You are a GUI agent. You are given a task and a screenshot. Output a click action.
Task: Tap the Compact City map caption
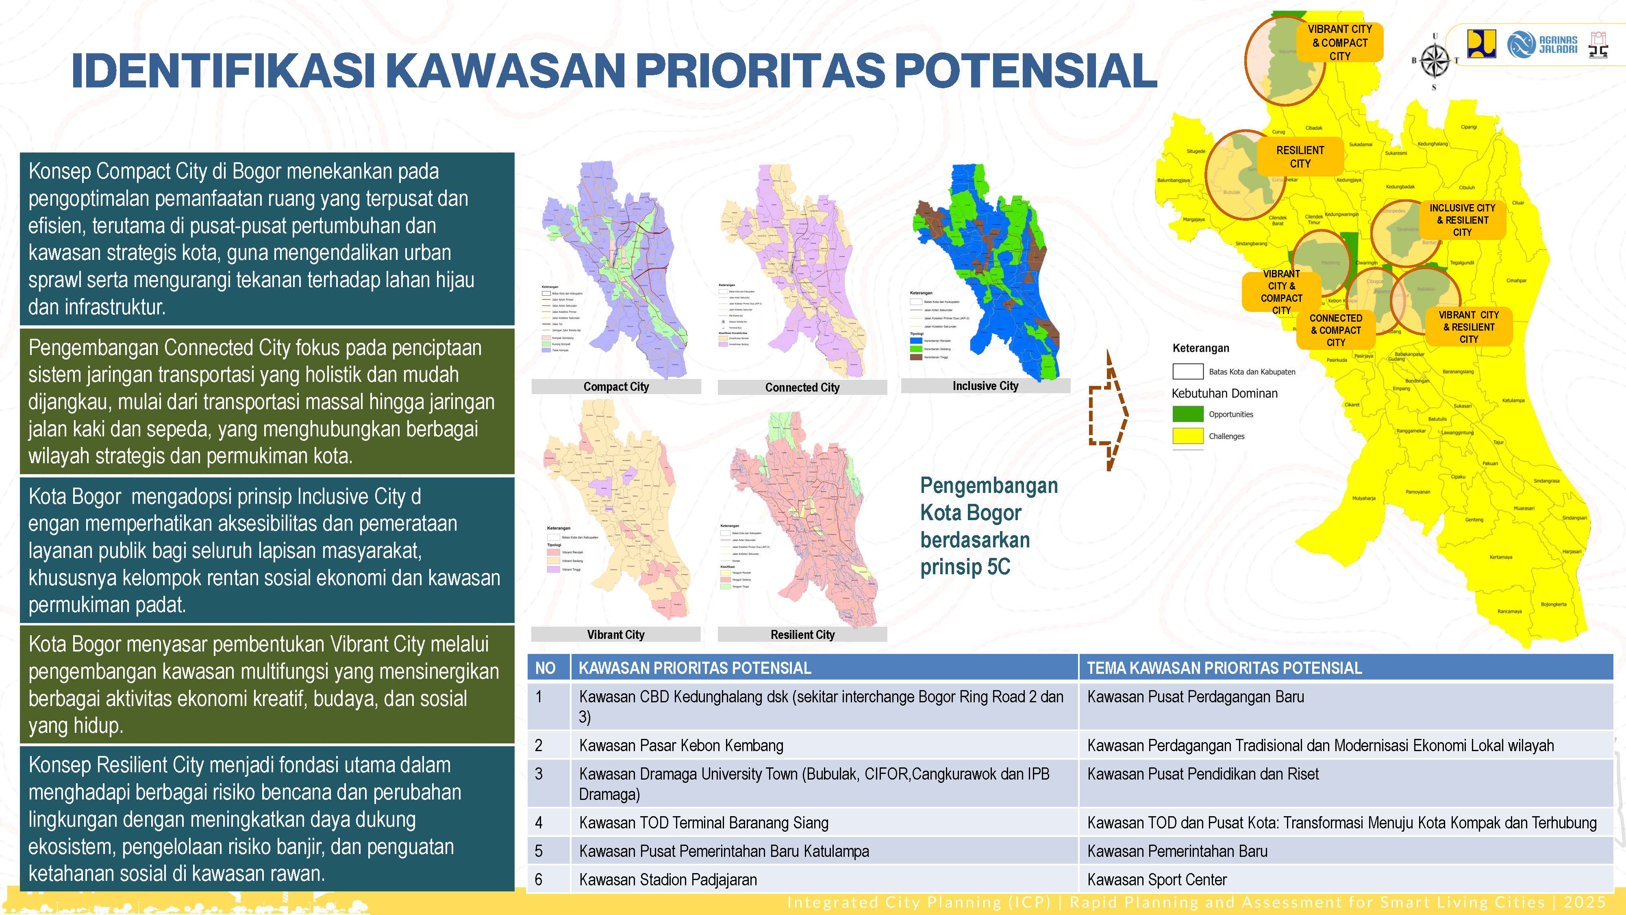(x=616, y=386)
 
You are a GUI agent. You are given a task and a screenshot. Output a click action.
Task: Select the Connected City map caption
(x=802, y=387)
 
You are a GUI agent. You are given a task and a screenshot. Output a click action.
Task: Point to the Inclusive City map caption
(x=985, y=386)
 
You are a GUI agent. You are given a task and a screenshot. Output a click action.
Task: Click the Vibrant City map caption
(x=616, y=635)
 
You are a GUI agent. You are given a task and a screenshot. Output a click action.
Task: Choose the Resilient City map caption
(x=802, y=635)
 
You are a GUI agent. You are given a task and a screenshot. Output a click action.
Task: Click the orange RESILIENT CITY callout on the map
(x=1300, y=157)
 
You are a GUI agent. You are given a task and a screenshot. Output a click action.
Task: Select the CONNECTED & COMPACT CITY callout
(x=1336, y=330)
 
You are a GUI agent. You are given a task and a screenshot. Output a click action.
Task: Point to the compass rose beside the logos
(x=1434, y=61)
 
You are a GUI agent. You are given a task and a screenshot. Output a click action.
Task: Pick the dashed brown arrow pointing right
(x=1109, y=411)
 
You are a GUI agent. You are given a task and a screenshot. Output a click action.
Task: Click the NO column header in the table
(x=546, y=668)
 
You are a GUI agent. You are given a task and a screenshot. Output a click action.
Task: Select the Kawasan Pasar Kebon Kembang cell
(x=681, y=746)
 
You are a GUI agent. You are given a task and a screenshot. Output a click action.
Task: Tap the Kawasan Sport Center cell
(x=1157, y=880)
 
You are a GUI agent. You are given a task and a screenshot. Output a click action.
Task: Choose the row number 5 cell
(x=539, y=851)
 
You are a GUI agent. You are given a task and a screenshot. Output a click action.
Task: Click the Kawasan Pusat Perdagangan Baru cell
(x=1196, y=697)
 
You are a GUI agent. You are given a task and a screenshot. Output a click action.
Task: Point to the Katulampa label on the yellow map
(x=1513, y=400)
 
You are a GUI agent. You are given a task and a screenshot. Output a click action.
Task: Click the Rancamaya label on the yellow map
(x=1509, y=611)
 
